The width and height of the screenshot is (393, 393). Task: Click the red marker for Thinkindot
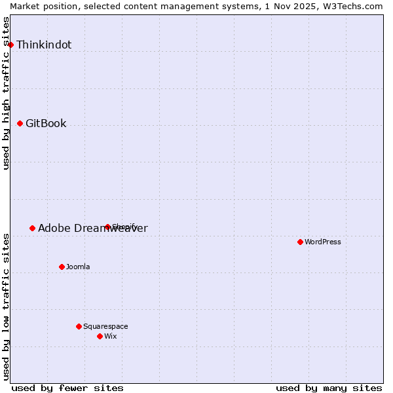point(11,45)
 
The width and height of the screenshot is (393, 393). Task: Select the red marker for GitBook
point(20,123)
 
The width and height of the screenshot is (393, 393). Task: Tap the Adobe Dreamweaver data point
point(32,228)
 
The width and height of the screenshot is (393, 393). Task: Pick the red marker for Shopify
point(107,227)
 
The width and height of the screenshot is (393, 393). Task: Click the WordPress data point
point(300,242)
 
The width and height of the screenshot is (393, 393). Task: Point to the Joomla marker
point(62,267)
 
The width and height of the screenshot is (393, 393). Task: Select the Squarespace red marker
point(79,326)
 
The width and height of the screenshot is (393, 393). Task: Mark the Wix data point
point(100,336)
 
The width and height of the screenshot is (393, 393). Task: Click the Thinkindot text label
point(44,45)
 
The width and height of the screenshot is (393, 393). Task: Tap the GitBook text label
point(46,123)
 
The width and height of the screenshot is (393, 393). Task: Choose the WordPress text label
point(323,242)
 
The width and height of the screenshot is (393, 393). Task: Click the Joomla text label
point(78,267)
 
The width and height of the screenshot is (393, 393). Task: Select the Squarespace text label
point(105,326)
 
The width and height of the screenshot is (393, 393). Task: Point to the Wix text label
point(111,336)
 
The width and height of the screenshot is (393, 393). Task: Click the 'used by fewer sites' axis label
point(67,388)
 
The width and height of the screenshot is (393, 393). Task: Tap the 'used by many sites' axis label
point(329,388)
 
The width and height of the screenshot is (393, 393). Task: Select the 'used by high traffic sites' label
point(7,93)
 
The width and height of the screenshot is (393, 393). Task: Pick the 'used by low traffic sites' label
point(7,306)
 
